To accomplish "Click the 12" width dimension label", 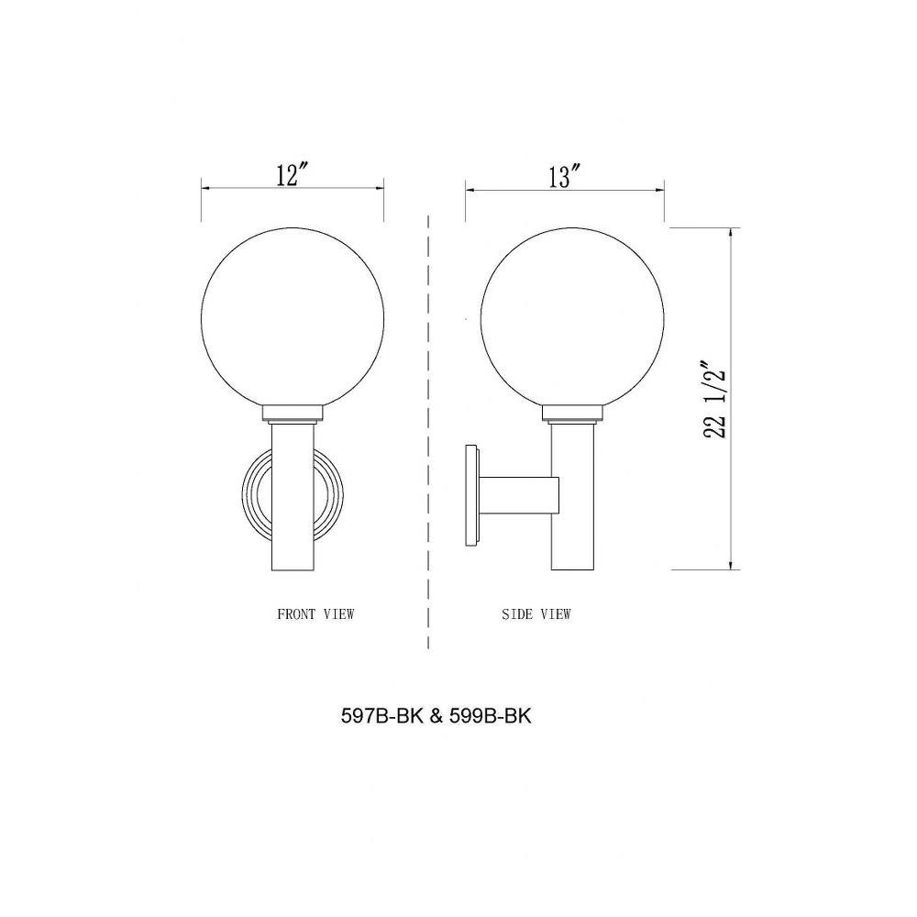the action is (x=292, y=174).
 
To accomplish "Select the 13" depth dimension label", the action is (x=564, y=176).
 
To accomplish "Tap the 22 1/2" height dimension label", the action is (x=715, y=403).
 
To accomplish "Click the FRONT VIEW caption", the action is (x=315, y=614).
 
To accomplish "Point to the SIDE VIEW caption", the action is (x=536, y=614).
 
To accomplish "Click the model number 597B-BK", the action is (x=381, y=716).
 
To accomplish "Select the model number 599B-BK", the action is (x=491, y=716).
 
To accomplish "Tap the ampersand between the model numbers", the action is (x=436, y=716).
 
